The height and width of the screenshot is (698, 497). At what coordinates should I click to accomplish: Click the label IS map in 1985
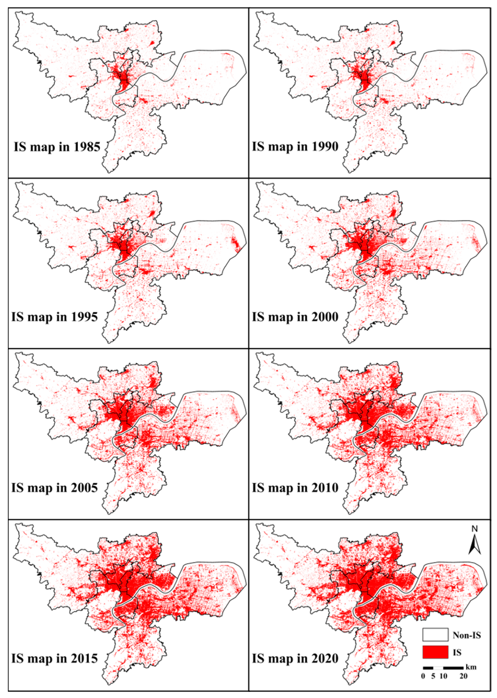(x=57, y=147)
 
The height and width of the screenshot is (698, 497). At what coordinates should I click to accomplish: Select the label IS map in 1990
(x=295, y=146)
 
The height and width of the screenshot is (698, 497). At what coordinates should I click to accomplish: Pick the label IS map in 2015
(x=55, y=658)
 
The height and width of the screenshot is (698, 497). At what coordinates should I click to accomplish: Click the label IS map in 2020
(x=295, y=658)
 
